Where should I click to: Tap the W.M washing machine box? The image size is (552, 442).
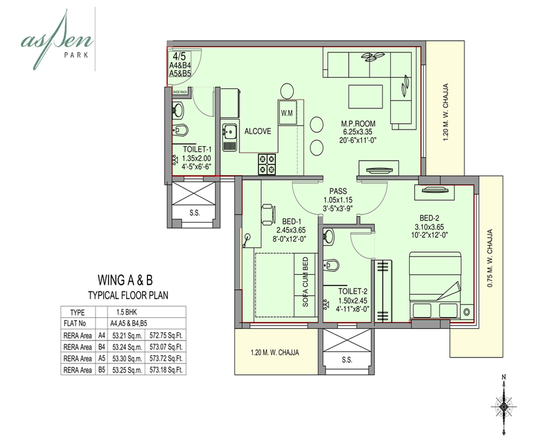pos(287,113)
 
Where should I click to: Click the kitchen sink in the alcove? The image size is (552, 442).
pos(229,137)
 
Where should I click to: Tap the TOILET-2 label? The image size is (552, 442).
pos(353,291)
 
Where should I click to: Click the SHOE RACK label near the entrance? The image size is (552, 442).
pos(181,92)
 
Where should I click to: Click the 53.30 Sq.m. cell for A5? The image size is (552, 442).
pos(124,358)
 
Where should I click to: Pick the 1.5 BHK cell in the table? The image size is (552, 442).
pos(127,312)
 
